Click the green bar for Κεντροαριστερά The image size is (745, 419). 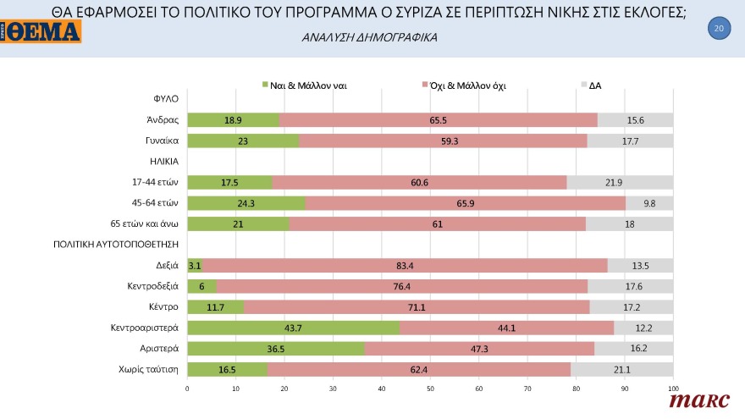[x=293, y=328]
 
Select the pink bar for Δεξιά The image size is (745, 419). [x=405, y=266]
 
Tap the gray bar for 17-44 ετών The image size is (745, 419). [x=620, y=183]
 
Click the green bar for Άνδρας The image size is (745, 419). [x=233, y=120]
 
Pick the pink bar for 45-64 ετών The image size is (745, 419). [x=465, y=203]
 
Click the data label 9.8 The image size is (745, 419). [x=648, y=203]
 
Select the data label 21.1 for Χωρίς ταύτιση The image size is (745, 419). [x=621, y=369]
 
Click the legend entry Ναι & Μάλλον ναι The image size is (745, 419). [x=304, y=85]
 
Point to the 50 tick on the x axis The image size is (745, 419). [x=430, y=389]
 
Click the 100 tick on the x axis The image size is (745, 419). [x=673, y=389]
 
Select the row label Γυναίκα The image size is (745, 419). [x=161, y=141]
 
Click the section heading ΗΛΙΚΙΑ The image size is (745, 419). [x=166, y=162]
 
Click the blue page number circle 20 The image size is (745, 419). [x=718, y=29]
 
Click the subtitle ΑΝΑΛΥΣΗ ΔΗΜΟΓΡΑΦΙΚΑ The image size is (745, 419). [x=369, y=38]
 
